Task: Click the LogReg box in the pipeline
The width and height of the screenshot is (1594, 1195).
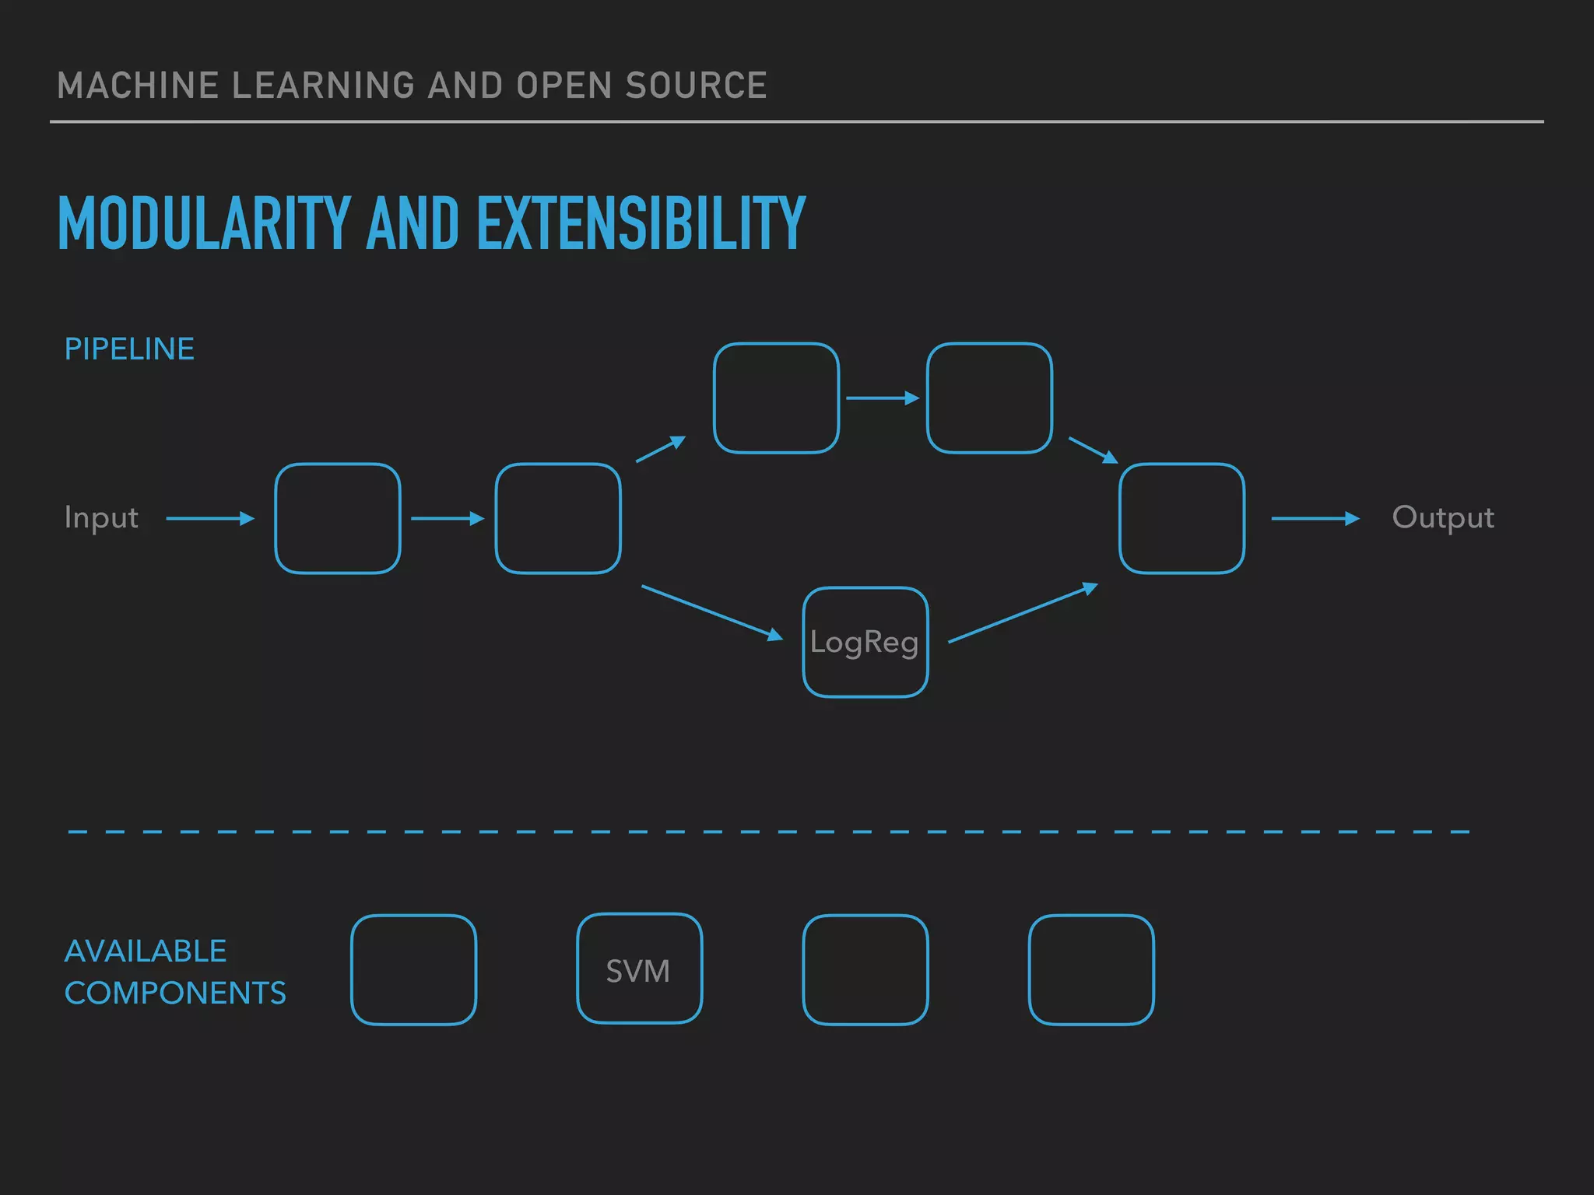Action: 865,642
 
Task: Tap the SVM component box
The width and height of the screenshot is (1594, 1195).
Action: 639,969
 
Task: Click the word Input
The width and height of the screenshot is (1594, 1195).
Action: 101,518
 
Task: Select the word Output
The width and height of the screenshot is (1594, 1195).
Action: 1442,518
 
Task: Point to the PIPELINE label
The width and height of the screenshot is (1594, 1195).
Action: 129,349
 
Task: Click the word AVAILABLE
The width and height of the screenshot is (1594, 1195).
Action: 146,951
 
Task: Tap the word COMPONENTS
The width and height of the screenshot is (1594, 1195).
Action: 175,993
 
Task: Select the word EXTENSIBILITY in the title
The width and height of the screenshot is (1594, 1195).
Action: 641,224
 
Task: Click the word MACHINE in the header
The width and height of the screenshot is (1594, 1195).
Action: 137,86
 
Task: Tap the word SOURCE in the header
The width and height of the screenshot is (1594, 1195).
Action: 696,86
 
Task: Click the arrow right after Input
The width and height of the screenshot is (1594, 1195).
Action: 210,518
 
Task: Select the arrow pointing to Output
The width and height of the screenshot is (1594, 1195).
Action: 1315,518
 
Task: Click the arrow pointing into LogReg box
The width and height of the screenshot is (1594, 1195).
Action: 711,613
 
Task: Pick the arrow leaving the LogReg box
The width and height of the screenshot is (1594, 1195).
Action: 1023,613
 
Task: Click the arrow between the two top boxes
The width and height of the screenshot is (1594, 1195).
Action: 883,398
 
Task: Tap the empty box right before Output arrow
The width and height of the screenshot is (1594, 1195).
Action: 1181,518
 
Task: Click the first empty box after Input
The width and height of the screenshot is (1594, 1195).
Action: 337,518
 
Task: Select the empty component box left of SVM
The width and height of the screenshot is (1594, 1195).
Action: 413,969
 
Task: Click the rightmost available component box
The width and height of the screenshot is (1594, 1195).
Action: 1090,969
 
